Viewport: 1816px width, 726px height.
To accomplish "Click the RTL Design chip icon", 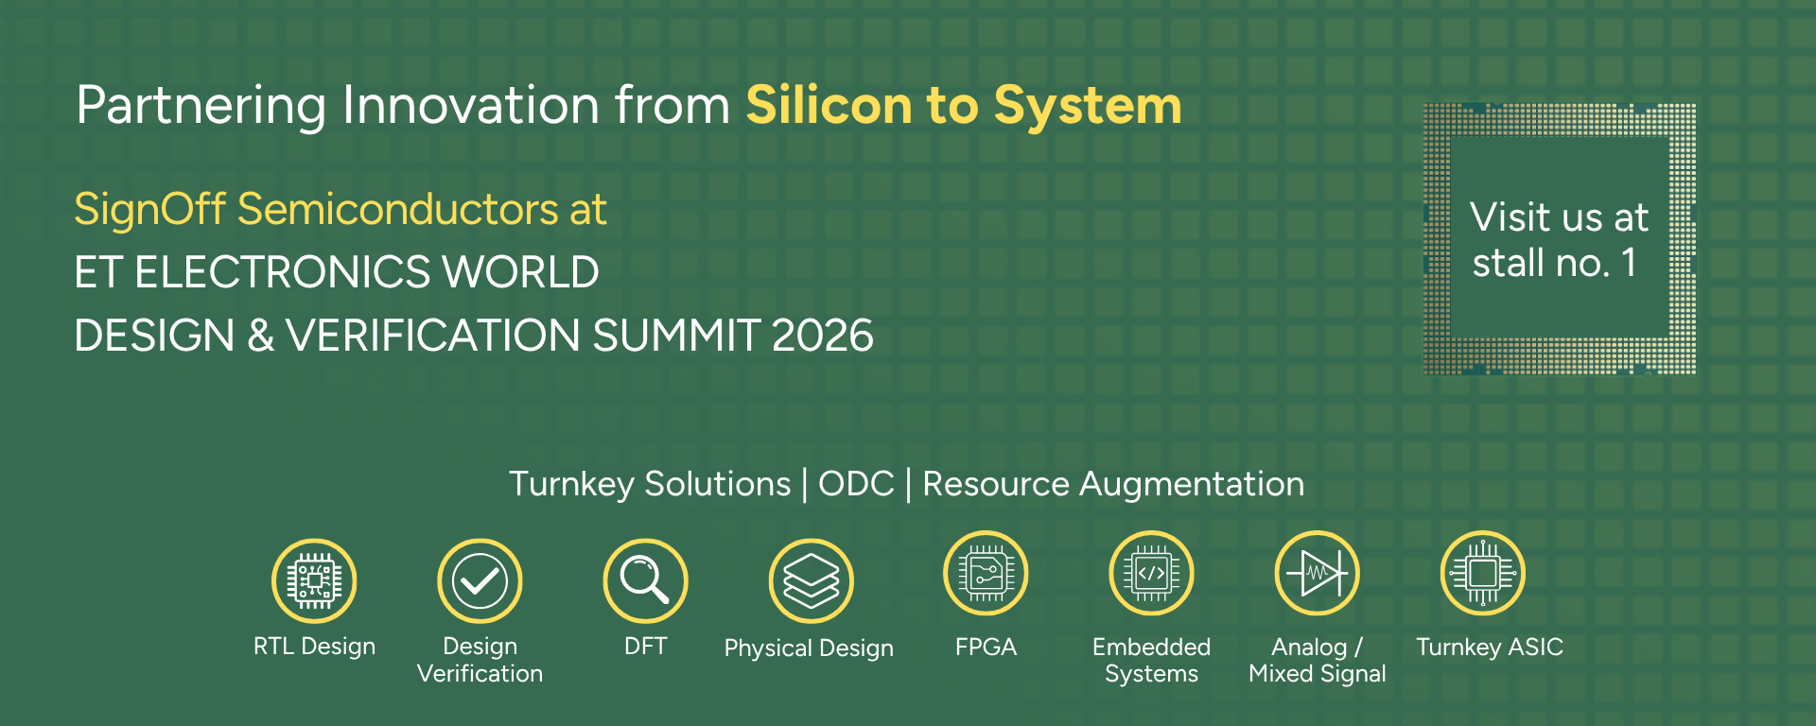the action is pyautogui.click(x=314, y=580).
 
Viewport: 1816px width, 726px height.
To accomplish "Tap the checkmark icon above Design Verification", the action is pyautogui.click(x=480, y=580).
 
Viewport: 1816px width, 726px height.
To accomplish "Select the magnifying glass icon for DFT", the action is pyautogui.click(x=645, y=580).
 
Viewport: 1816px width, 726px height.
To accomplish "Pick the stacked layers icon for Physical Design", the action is pyautogui.click(x=811, y=580).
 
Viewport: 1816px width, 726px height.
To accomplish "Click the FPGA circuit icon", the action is pyautogui.click(x=986, y=573).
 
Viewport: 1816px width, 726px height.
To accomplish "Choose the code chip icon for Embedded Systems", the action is pyautogui.click(x=1151, y=573).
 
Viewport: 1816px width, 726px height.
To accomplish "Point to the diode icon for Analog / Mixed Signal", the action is pyautogui.click(x=1317, y=573).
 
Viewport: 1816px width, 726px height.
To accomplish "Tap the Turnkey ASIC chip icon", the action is pyautogui.click(x=1482, y=573).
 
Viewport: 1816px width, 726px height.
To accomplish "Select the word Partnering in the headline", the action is pyautogui.click(x=201, y=107).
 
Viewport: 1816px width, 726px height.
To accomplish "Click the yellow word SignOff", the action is pyautogui.click(x=149, y=210).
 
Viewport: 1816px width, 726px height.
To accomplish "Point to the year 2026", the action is pyautogui.click(x=822, y=336).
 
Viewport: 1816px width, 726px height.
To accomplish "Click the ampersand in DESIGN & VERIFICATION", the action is pyautogui.click(x=260, y=336).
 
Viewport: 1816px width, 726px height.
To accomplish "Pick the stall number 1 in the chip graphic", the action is pyautogui.click(x=1629, y=263).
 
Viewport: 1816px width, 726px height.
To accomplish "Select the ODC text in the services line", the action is pyautogui.click(x=856, y=484).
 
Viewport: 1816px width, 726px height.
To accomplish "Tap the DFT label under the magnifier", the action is pyautogui.click(x=645, y=647).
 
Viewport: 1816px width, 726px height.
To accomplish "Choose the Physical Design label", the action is pyautogui.click(x=809, y=648).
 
